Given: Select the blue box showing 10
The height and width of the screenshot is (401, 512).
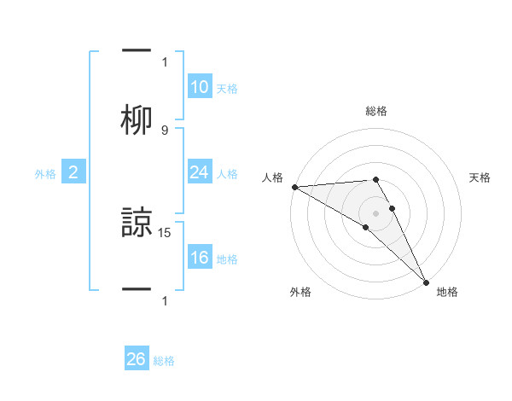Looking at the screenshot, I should pyautogui.click(x=199, y=87).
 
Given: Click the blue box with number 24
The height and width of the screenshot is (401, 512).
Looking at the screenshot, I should pyautogui.click(x=199, y=173).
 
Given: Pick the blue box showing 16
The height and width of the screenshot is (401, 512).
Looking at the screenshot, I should pyautogui.click(x=199, y=259).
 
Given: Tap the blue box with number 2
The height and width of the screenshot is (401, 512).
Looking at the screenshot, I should pyautogui.click(x=73, y=173).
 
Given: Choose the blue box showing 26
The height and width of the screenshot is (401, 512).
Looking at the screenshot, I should pyautogui.click(x=137, y=360).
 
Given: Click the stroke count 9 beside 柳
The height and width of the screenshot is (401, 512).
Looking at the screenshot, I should pyautogui.click(x=165, y=130).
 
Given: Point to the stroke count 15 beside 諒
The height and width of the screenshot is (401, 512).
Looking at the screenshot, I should pyautogui.click(x=166, y=231).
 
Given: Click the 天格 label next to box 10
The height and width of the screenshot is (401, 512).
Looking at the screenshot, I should pyautogui.click(x=227, y=89).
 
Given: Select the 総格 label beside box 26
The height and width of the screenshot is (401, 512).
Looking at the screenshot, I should pyautogui.click(x=164, y=362).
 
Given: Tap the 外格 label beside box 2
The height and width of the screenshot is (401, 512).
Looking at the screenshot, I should pyautogui.click(x=45, y=174).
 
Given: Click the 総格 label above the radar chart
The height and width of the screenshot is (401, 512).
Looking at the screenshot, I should pyautogui.click(x=376, y=111).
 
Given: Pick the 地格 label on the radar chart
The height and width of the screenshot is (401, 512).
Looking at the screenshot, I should pyautogui.click(x=447, y=292).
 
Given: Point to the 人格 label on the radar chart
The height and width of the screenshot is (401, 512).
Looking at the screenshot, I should pyautogui.click(x=272, y=177).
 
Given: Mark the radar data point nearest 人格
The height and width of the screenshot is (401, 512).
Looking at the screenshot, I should pyautogui.click(x=294, y=187).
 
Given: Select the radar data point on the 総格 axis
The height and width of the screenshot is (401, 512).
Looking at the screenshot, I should pyautogui.click(x=375, y=179).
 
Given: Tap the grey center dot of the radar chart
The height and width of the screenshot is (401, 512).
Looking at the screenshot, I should pyautogui.click(x=376, y=212).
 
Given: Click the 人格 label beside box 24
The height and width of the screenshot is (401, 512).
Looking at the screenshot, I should pyautogui.click(x=227, y=174).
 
